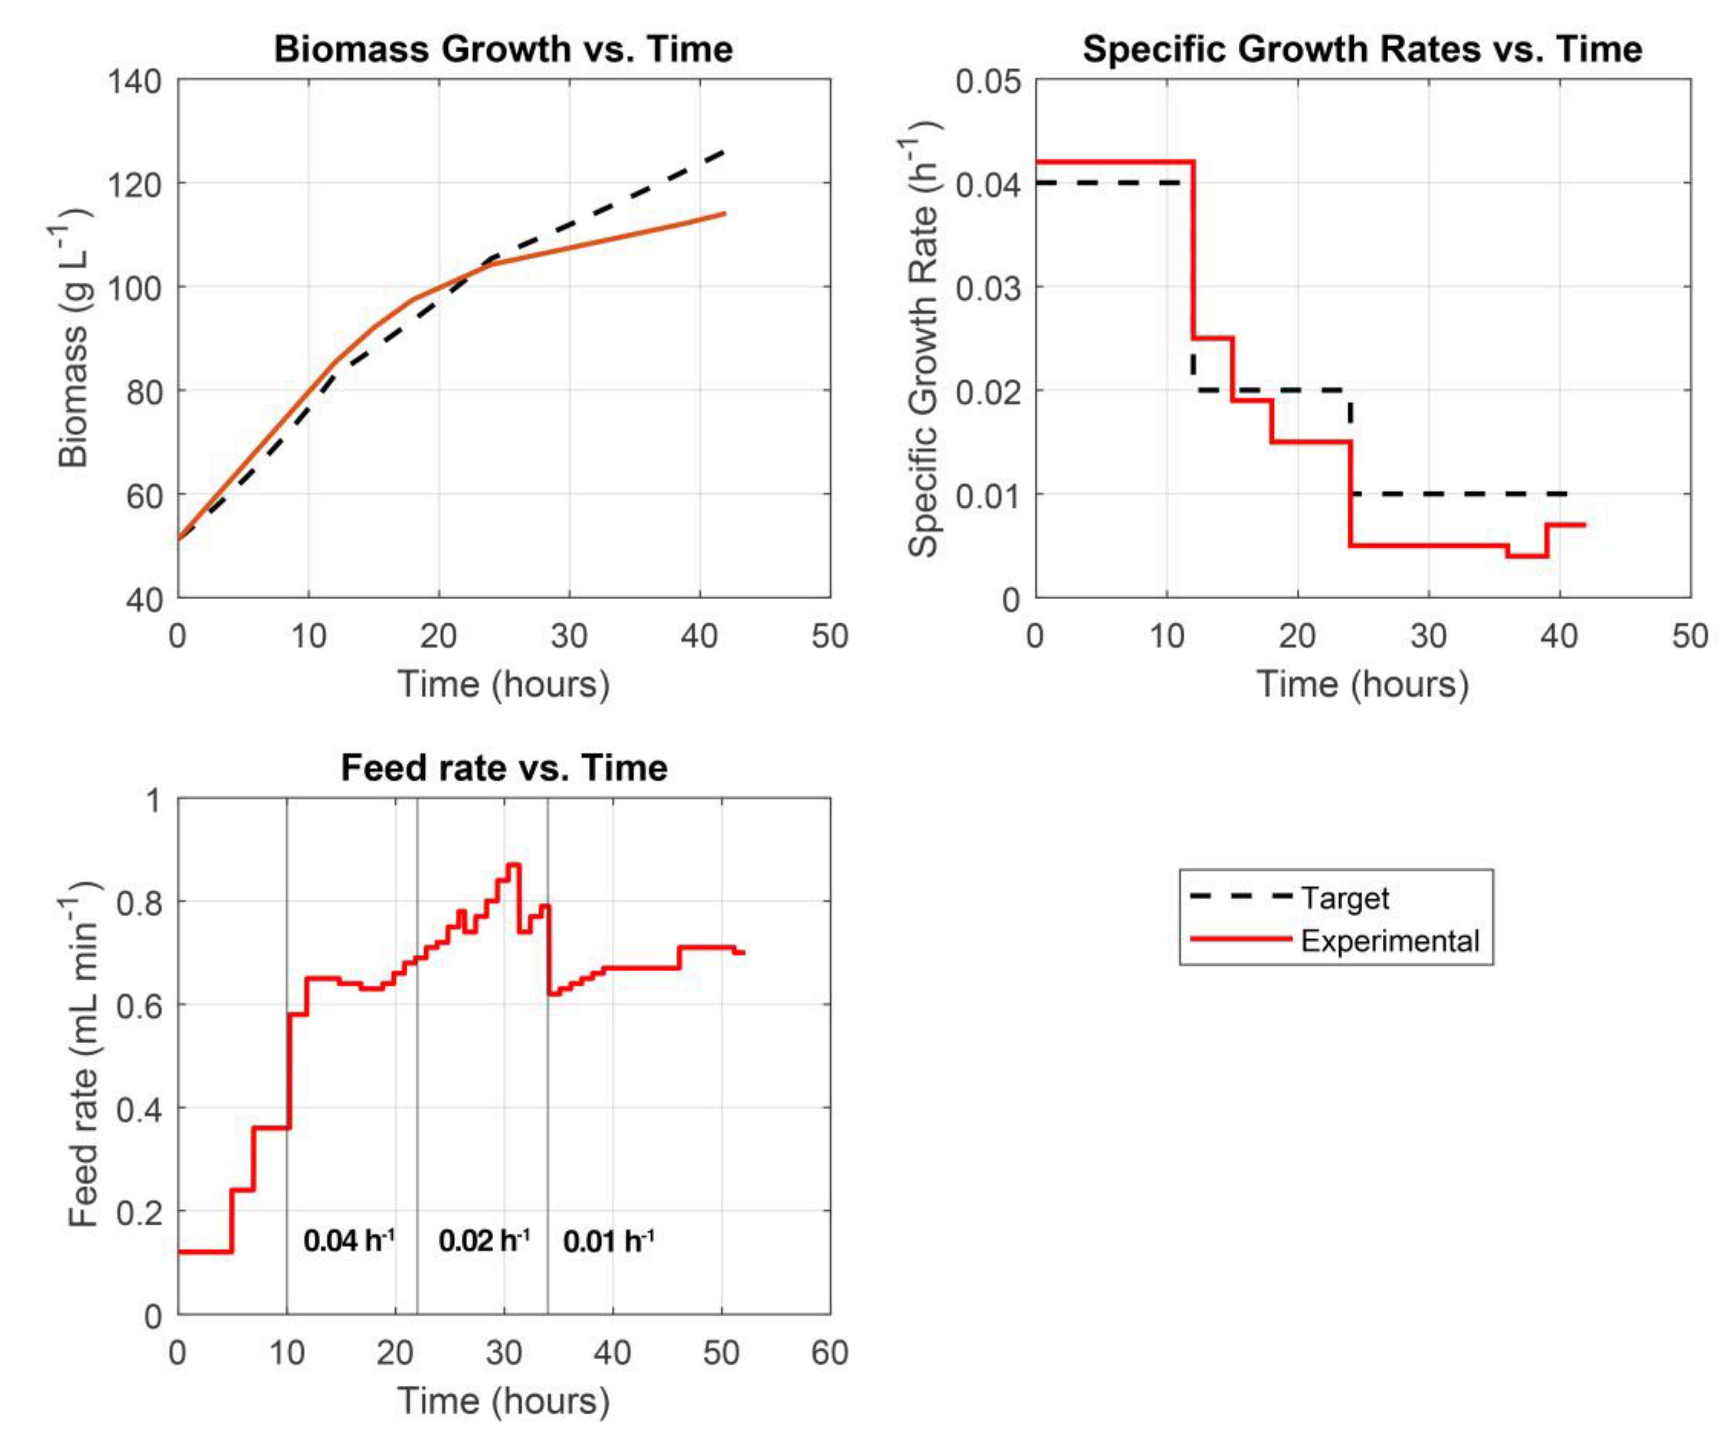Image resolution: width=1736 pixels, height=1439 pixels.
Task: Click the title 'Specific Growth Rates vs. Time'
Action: [x=1362, y=50]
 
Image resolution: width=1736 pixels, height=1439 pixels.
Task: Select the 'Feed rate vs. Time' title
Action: [x=503, y=768]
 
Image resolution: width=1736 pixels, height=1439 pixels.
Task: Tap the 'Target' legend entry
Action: [x=1344, y=897]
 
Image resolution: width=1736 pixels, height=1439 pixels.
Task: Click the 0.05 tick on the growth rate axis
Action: [x=988, y=82]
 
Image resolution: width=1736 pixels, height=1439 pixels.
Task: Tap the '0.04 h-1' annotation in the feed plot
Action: [x=349, y=1240]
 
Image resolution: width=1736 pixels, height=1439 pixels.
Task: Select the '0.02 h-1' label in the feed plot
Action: [x=484, y=1240]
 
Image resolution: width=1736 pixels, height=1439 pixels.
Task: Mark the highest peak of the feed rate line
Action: [x=513, y=865]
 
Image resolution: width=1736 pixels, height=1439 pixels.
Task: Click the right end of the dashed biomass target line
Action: [x=724, y=151]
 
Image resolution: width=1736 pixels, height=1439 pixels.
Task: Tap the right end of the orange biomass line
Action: [x=724, y=213]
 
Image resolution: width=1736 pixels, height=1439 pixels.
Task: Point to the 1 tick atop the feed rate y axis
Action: [x=153, y=800]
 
